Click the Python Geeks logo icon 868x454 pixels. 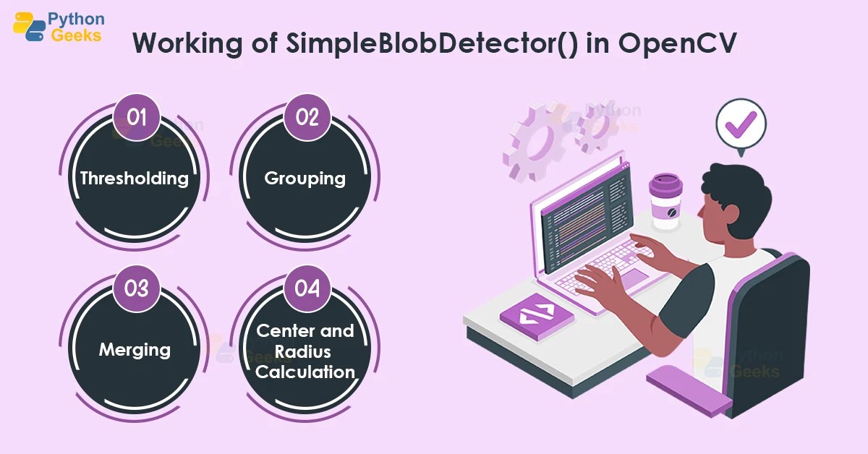(x=29, y=26)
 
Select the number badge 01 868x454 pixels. (x=137, y=116)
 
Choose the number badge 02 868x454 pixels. (x=307, y=116)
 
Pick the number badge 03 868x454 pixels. (x=137, y=288)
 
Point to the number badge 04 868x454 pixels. (x=307, y=288)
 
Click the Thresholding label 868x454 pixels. (x=135, y=178)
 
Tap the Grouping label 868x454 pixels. (x=305, y=178)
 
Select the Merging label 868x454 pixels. (x=135, y=350)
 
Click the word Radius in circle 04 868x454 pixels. (x=306, y=351)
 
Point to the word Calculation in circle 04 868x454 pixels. (x=305, y=372)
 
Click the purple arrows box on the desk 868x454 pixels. (x=537, y=315)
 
